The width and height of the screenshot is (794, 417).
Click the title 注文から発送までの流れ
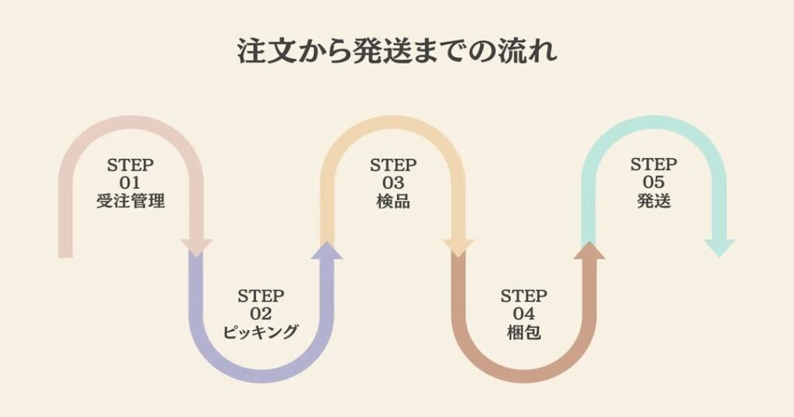point(396,53)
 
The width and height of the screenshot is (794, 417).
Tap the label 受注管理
point(131,202)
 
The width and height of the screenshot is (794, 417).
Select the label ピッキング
point(261,333)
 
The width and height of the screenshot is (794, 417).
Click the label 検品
point(392,202)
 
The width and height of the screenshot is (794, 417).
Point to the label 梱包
point(523,333)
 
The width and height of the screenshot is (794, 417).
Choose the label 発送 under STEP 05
point(654,202)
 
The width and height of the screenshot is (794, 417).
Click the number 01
point(131,183)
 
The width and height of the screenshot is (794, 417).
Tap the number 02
point(261,314)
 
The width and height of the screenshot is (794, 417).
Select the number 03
point(392,183)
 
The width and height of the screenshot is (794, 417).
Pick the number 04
point(523,315)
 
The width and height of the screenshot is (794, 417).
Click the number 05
point(654,183)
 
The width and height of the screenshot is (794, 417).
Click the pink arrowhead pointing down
point(196,247)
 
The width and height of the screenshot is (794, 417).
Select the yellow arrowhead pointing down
point(458,247)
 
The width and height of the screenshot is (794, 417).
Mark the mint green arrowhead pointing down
point(719,247)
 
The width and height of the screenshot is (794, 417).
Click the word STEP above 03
point(392,165)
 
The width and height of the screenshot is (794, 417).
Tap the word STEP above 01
point(131,165)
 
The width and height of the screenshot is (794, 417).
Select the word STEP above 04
point(523,296)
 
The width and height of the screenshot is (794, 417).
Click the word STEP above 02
point(261,296)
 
